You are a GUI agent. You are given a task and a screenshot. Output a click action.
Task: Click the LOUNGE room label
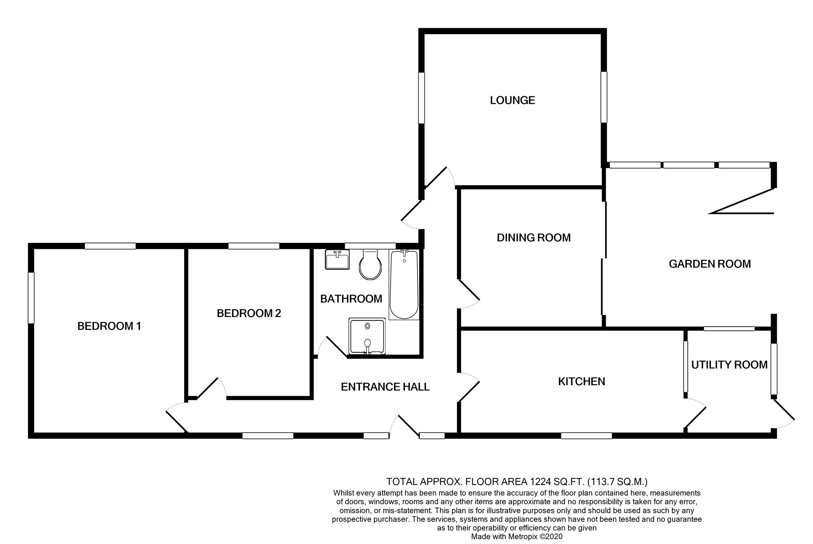tap(512, 100)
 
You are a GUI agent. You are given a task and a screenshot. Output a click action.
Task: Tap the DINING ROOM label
tap(533, 238)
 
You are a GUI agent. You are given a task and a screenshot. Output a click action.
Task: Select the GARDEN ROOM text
tap(709, 264)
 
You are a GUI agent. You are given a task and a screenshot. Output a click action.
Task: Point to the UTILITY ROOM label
tap(729, 365)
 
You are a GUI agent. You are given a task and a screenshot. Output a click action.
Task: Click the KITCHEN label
tap(581, 382)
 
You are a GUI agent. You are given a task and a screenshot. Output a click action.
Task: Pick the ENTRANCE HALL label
tap(385, 387)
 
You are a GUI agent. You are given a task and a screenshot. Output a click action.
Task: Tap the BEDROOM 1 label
tap(109, 326)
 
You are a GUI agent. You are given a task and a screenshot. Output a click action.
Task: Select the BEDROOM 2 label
tap(249, 313)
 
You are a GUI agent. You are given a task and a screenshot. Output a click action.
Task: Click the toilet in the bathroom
tap(370, 265)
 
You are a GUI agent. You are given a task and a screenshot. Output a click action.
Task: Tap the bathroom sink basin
tap(337, 260)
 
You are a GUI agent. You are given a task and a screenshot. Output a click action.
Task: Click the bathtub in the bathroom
tap(404, 285)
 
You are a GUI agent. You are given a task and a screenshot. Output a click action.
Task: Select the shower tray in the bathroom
tap(367, 336)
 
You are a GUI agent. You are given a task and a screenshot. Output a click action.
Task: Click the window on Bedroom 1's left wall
tap(31, 298)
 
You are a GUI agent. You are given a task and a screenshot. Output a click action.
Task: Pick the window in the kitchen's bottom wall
tap(586, 436)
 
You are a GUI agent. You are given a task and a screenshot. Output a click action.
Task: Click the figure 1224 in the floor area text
tap(539, 482)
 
